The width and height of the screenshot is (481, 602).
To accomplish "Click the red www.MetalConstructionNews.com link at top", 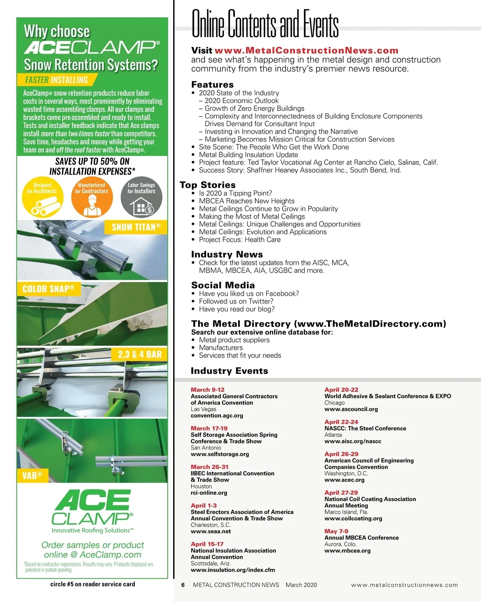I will pos(306,51).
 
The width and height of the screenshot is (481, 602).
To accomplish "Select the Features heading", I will pos(212,84).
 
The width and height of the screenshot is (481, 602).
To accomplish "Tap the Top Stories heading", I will pos(208,185).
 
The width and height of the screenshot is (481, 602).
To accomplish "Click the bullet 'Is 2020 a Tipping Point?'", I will pos(235,193).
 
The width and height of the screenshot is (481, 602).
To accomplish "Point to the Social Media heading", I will pos(223,285).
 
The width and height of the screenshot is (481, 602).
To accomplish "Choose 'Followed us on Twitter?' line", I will pos(236,301).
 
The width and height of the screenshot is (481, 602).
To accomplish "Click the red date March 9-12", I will pos(208,390).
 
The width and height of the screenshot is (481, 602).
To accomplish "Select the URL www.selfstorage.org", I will pos(220,454).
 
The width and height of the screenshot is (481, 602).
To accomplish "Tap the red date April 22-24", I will pos(341,422).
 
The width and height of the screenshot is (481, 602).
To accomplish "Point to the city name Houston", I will pos(201,486).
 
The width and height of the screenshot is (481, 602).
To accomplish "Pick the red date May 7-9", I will pos(336,531).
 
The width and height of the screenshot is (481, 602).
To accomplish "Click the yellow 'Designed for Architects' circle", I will pos(42,196).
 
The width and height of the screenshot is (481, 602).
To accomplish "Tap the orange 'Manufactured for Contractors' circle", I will pos(91,196).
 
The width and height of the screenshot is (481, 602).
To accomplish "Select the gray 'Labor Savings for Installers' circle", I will pos(141,196).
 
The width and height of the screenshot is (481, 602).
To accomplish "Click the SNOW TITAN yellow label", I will pos(136,227).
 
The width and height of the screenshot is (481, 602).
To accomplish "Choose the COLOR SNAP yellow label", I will pos(49,289).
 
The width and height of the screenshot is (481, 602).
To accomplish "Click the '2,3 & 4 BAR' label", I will pos(139,354).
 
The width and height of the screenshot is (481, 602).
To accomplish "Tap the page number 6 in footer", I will pos(183,585).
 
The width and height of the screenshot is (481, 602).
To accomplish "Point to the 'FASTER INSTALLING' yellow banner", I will pos(57,80).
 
